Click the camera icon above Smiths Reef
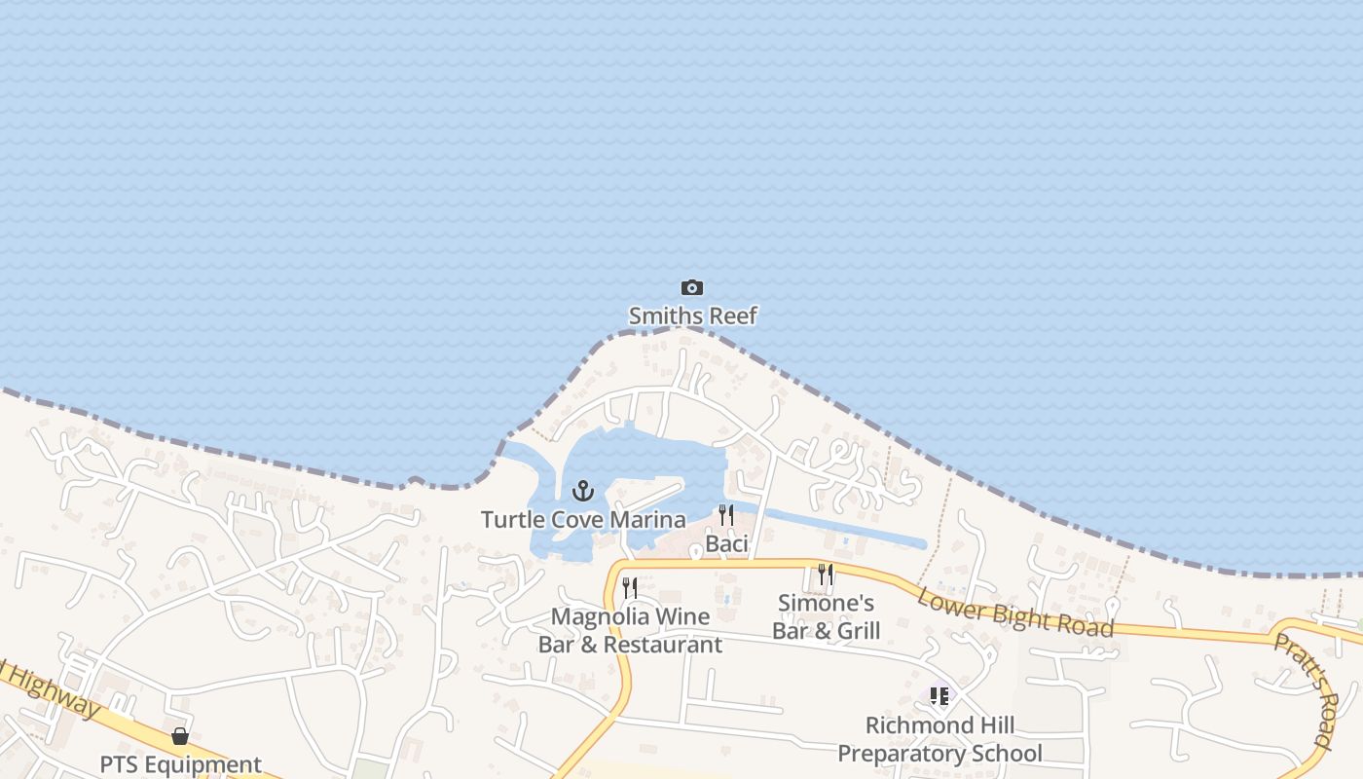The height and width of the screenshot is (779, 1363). pos(691,287)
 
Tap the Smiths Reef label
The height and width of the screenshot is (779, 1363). pos(692,315)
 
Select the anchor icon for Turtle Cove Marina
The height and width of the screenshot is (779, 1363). pos(583,490)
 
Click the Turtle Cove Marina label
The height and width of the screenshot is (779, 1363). pos(583,520)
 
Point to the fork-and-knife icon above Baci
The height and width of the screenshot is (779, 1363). pos(726,515)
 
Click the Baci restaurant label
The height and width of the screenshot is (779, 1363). pos(726,543)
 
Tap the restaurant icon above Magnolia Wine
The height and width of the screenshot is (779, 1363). pos(630,588)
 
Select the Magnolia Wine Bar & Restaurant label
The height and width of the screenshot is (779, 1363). pos(630,630)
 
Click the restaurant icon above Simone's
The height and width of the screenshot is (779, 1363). pos(826,575)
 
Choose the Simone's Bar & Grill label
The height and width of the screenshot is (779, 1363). pos(826,617)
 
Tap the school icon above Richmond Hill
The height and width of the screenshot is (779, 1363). pos(939,696)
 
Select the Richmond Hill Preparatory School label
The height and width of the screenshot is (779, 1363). pos(939,739)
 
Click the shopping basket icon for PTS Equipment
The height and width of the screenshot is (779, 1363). pos(180,736)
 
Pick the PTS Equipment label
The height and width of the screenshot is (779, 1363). pos(180,764)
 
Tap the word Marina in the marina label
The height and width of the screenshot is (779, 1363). pos(647,520)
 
